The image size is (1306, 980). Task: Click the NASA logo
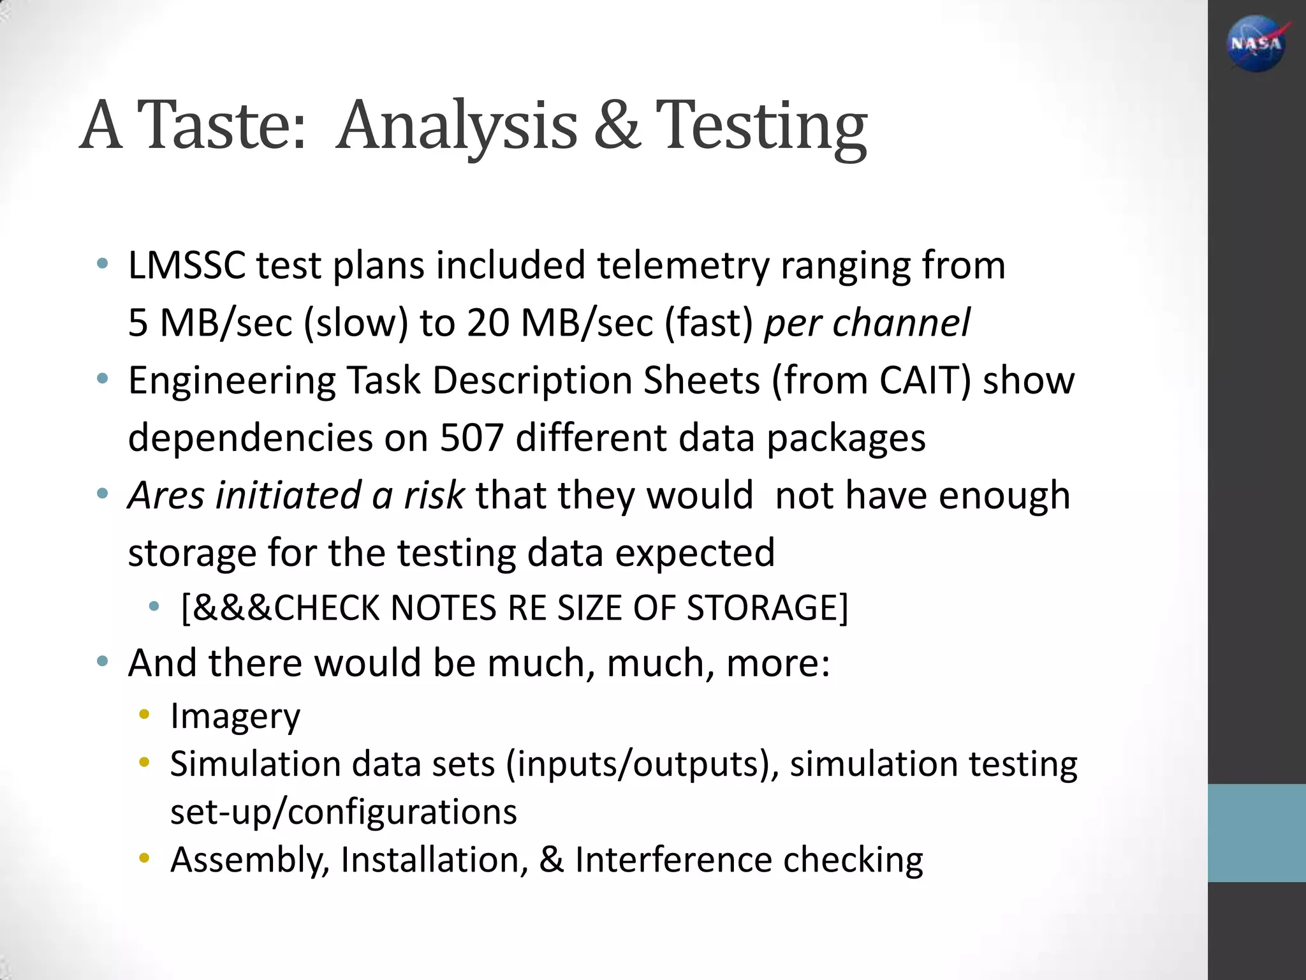click(x=1256, y=43)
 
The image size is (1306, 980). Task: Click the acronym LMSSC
click(x=186, y=265)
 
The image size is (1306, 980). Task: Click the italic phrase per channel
click(x=867, y=322)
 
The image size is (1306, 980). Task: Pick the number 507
click(x=472, y=438)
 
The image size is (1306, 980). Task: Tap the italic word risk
click(x=433, y=495)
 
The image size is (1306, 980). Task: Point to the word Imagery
click(x=235, y=716)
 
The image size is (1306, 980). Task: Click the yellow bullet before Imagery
click(x=144, y=715)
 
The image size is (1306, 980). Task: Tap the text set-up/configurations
click(x=343, y=812)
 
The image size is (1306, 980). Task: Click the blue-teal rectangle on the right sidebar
click(x=1256, y=833)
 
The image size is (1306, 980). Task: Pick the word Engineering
click(x=231, y=381)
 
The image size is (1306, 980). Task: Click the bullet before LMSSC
click(x=102, y=264)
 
